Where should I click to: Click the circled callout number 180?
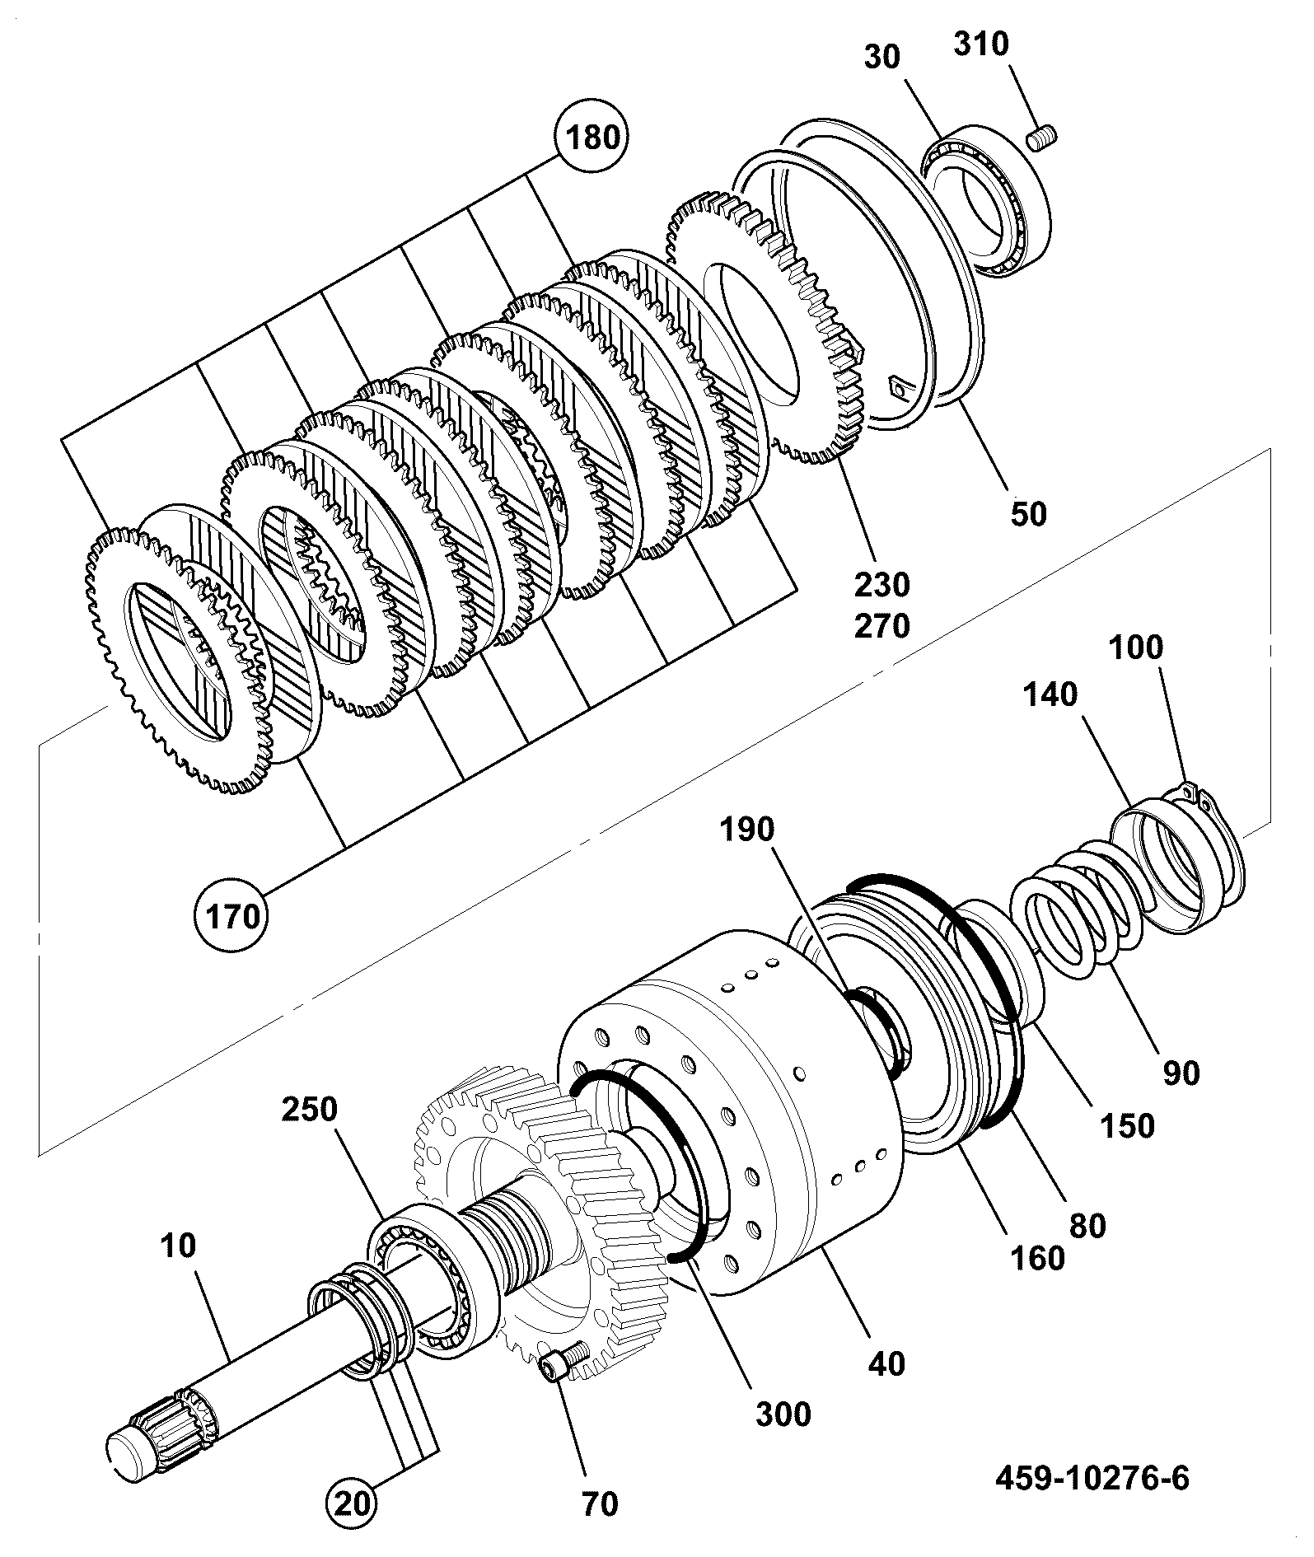[594, 137]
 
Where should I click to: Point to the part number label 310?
[982, 44]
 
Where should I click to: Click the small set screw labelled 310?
[1042, 138]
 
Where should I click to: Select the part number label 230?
[881, 586]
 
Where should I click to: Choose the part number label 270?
[881, 627]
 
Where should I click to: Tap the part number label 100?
[1135, 648]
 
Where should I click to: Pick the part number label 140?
[1050, 695]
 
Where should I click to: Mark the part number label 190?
[746, 830]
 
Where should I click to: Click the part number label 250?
[310, 1110]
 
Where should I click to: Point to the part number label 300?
[783, 1414]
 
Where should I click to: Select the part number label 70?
[599, 1504]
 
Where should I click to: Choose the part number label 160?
[1037, 1258]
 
